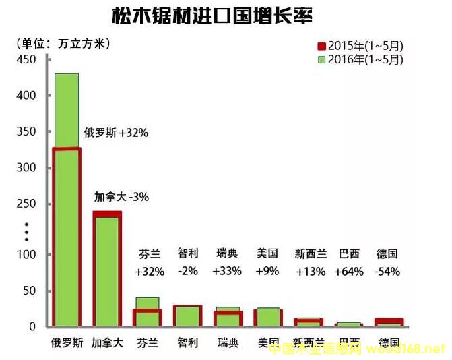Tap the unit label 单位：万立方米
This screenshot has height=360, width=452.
point(64,44)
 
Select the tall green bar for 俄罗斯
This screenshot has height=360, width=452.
point(67,202)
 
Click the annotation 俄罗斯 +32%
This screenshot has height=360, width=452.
point(116,133)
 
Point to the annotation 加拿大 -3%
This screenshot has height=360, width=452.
point(121,198)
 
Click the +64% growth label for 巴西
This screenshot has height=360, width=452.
point(350,272)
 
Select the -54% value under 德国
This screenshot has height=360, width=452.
point(387,272)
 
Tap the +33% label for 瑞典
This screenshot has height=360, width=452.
point(227,272)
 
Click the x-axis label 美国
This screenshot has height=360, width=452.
point(267,342)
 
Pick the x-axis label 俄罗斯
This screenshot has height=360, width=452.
point(67,342)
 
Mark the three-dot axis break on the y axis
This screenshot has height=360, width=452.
point(27,231)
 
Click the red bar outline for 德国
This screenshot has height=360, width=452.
point(389,322)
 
